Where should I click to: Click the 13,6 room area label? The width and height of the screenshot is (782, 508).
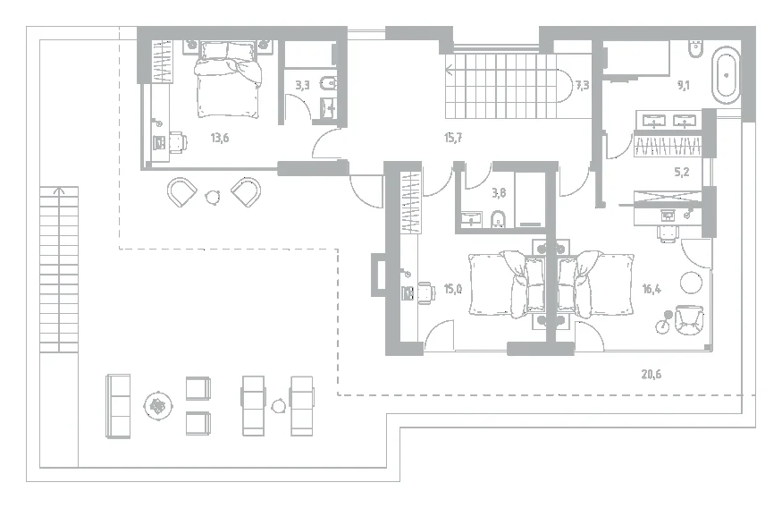tap(220, 138)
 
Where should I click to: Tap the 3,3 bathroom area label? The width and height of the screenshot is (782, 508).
tap(302, 85)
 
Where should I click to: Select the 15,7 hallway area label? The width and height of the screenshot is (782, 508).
tap(453, 138)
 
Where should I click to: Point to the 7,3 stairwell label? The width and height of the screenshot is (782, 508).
tap(582, 86)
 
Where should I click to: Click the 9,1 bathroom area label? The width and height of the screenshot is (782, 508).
tap(683, 85)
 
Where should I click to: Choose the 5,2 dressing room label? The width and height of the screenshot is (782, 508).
tap(681, 173)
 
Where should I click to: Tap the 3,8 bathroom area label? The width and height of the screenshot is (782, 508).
tap(499, 192)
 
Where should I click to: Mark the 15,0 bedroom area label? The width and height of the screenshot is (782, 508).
tap(453, 289)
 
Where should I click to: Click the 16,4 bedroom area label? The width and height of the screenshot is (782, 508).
tap(652, 289)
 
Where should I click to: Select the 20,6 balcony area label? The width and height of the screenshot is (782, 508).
tap(652, 374)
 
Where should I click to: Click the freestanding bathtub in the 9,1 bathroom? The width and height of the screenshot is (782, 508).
tap(726, 75)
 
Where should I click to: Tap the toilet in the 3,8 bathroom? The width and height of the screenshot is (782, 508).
tap(498, 218)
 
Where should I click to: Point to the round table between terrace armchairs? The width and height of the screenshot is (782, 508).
tap(214, 197)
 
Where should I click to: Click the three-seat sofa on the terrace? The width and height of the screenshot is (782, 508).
tap(118, 406)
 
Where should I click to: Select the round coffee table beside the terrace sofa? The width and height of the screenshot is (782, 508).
tap(158, 407)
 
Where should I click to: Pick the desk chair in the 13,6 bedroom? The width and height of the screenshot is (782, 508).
tap(178, 141)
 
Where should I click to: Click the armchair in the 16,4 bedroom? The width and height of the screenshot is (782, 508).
tap(689, 321)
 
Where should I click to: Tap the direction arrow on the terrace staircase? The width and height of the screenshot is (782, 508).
tap(59, 192)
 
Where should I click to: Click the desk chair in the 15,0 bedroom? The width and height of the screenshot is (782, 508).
tap(426, 292)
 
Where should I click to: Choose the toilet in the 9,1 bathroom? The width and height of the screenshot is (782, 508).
tap(694, 49)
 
